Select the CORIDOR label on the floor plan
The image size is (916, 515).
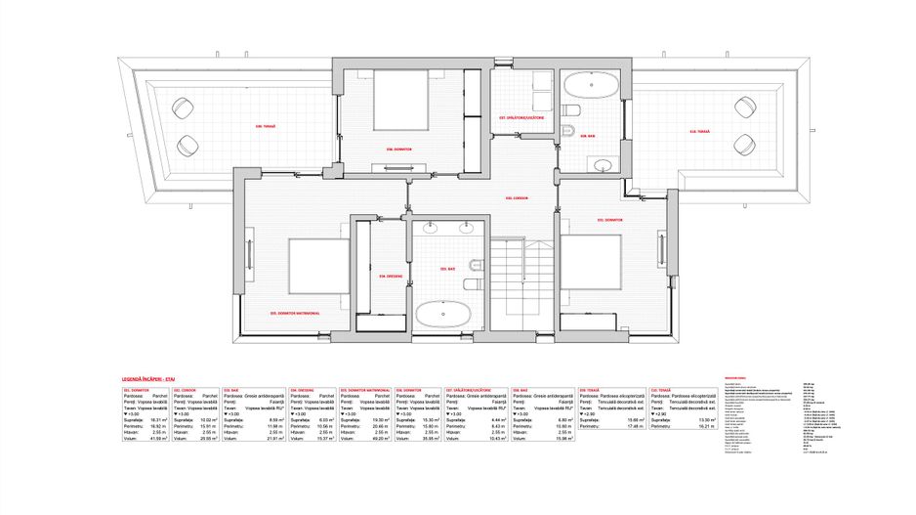517,198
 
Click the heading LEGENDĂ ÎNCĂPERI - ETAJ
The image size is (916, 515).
147,376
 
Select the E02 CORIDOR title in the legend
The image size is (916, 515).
184,388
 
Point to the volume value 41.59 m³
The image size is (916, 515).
157,438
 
